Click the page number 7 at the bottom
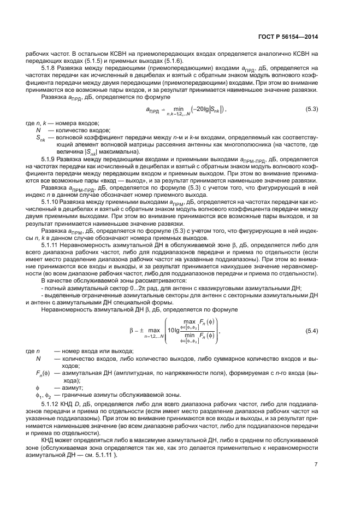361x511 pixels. click(x=316, y=464)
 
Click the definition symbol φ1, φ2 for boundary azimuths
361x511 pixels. click(x=42, y=395)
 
